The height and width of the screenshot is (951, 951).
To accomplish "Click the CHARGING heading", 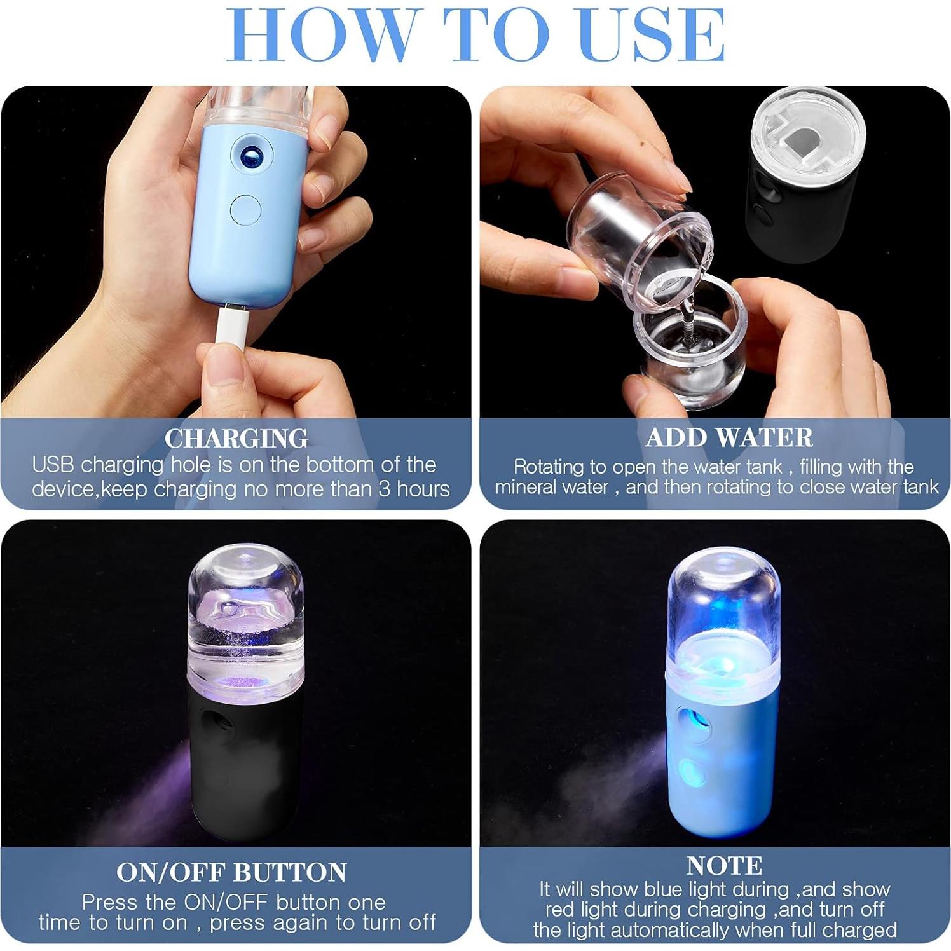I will coord(236,439).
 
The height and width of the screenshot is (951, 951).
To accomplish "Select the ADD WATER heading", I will coord(729,437).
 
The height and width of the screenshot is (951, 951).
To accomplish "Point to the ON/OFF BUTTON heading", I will coord(231,872).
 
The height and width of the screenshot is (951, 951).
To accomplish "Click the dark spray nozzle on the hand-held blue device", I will coord(251,154).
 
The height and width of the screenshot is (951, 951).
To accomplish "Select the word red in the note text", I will coord(558,910).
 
